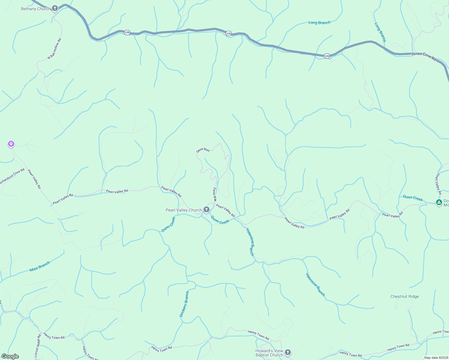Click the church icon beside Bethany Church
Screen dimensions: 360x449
coord(55,8)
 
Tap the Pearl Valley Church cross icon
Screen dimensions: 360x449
coord(206,209)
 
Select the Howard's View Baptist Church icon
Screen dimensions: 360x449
coord(288,352)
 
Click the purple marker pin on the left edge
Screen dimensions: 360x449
coord(11,144)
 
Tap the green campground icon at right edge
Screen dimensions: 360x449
coord(439,203)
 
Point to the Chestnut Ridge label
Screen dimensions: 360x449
coord(404,296)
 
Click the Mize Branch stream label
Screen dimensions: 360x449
coord(40,266)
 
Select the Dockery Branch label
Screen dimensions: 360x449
coord(184,304)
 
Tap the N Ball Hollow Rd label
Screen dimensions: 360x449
coord(54,49)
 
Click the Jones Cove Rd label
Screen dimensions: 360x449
coord(424,56)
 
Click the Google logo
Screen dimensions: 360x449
coord(10,356)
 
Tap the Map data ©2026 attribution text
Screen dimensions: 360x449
coord(436,358)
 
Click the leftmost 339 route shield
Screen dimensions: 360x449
coord(127,32)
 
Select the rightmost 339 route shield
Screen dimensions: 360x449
coord(327,56)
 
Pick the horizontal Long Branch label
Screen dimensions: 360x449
coord(319,22)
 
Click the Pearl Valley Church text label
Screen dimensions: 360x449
coord(184,210)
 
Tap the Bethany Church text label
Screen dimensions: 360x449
coord(36,9)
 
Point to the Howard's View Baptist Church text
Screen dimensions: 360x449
coord(269,353)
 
